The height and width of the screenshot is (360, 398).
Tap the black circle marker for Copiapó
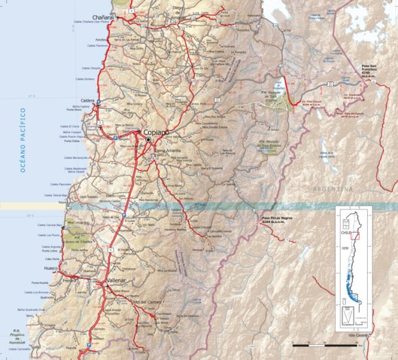148,140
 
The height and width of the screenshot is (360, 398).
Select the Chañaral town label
104,17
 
